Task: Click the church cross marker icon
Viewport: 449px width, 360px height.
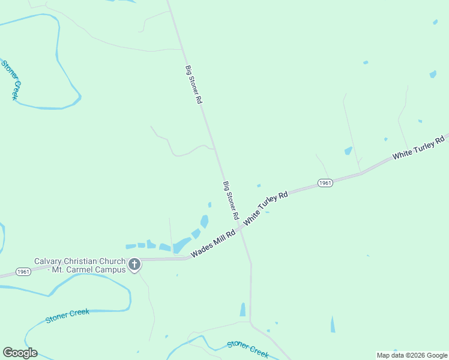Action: [134, 264]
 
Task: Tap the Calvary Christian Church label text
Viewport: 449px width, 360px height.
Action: [79, 261]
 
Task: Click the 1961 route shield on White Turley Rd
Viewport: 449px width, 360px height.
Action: [325, 183]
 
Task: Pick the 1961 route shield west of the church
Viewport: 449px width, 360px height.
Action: [23, 272]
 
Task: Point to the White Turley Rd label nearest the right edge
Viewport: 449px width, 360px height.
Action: [418, 148]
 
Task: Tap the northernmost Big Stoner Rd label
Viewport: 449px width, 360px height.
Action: [193, 85]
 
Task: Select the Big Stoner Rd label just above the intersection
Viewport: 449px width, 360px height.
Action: [231, 200]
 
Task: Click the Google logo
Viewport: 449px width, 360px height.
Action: [20, 353]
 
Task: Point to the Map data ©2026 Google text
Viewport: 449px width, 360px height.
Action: [412, 355]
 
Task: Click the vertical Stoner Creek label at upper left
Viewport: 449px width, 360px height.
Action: [11, 79]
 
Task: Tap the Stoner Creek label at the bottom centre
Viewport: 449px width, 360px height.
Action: [247, 348]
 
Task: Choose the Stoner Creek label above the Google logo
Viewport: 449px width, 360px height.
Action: [67, 316]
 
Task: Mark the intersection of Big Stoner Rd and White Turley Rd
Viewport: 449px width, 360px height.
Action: [241, 227]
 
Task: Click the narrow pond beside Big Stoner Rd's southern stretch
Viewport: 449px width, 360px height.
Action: [243, 310]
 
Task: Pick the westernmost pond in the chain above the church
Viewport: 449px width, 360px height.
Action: [130, 246]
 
